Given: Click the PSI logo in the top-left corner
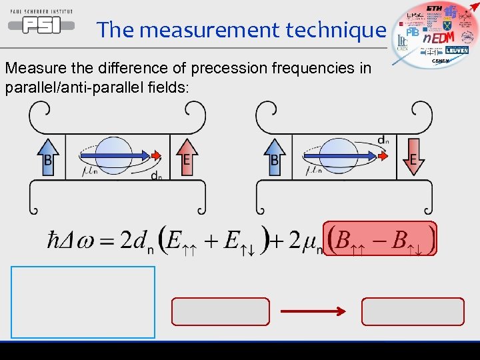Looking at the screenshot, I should point(40,23).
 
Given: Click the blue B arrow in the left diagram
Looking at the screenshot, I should point(47,156).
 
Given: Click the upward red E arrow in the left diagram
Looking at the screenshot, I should point(187,156).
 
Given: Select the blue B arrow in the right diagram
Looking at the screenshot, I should point(274,156).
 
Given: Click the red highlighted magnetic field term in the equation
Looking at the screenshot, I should point(380,238).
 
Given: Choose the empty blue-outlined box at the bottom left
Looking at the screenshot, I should point(83,302).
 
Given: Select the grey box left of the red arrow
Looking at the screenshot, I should point(221,311).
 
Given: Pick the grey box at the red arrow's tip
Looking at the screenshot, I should point(412,311).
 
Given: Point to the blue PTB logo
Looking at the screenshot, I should point(413,32).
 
